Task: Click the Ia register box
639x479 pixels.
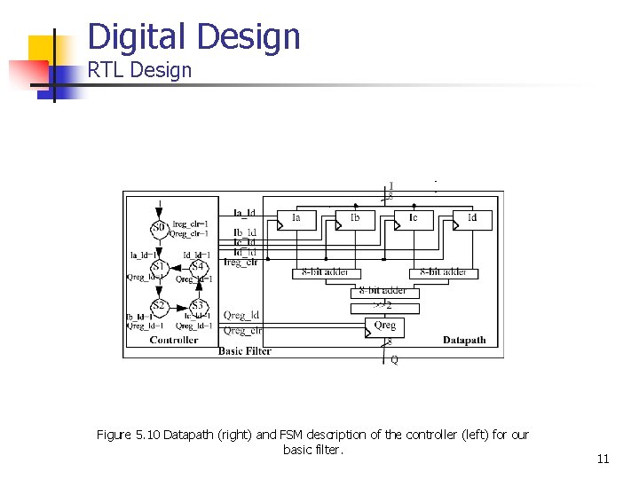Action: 296,218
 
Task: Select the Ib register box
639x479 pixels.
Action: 355,218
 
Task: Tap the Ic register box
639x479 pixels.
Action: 414,218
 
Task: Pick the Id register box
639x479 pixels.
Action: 472,218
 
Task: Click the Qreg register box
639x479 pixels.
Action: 385,326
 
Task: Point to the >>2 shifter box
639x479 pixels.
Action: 382,307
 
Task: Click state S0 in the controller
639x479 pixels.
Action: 159,228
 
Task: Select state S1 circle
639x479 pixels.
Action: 159,267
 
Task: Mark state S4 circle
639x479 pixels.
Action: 197,267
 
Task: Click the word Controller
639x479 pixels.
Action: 174,340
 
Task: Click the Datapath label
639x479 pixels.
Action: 464,340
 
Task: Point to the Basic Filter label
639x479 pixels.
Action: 245,351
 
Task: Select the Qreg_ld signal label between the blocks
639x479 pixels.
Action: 241,315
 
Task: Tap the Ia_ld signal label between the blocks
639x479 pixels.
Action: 244,213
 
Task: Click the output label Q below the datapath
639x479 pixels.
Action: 394,360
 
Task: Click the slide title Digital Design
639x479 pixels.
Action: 194,36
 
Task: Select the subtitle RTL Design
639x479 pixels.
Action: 139,70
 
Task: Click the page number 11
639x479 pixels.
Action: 603,459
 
